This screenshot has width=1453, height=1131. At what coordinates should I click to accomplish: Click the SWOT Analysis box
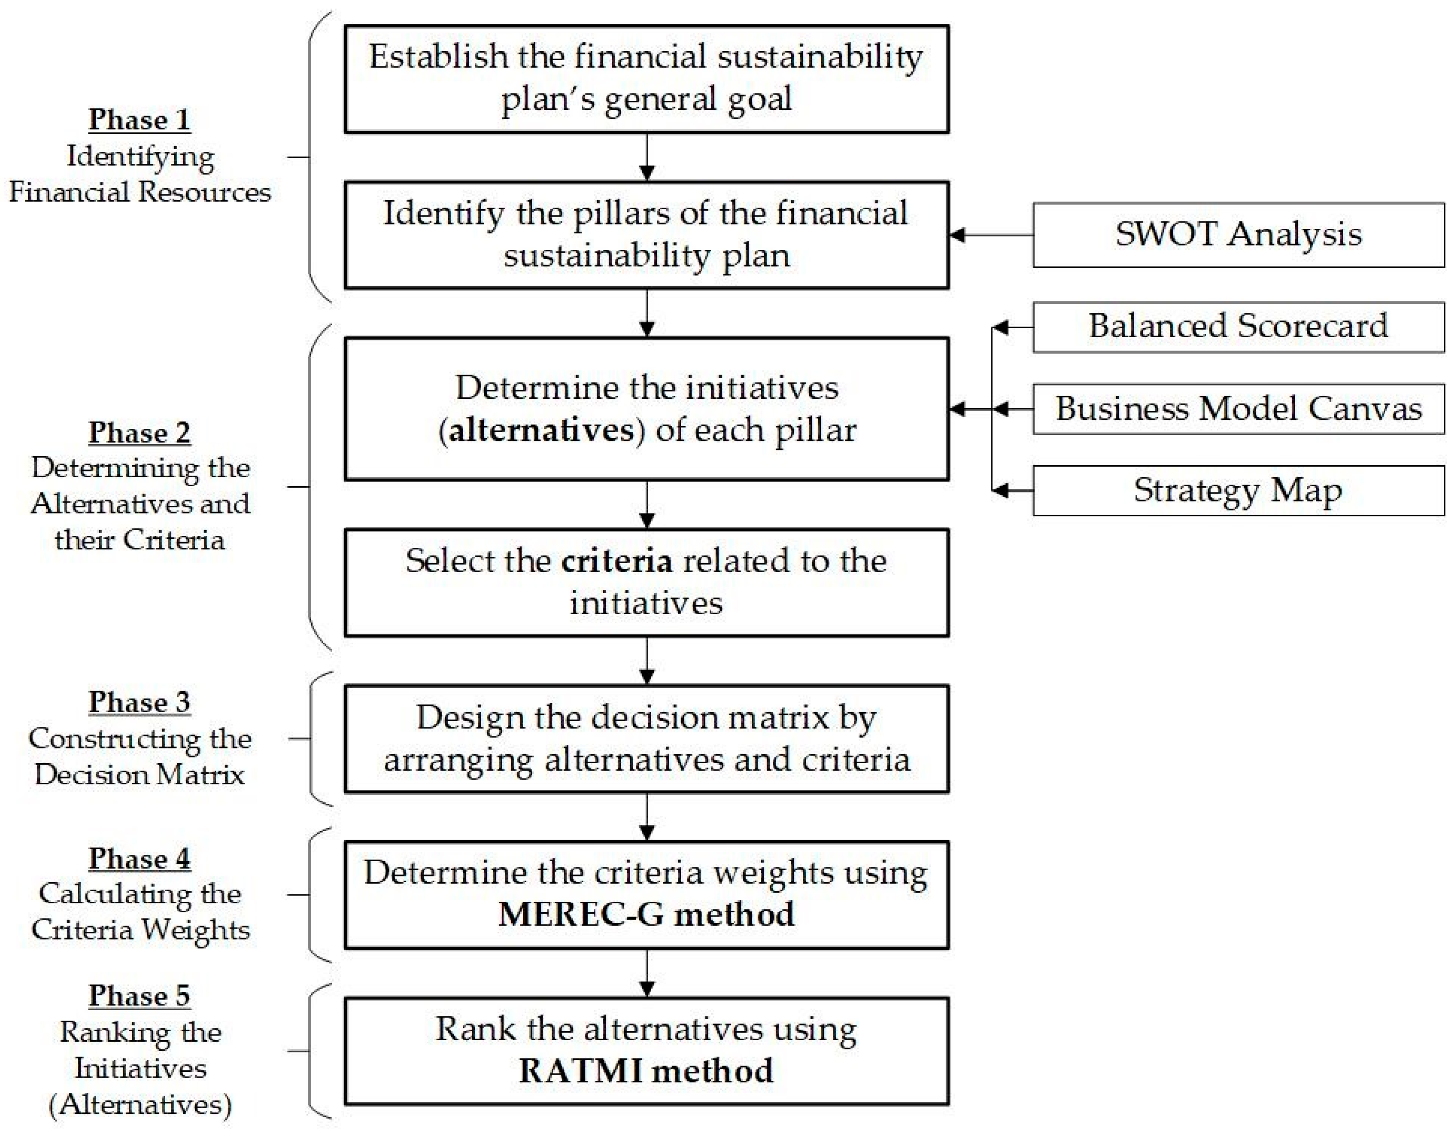point(1238,235)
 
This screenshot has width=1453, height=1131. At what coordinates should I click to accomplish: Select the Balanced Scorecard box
point(1238,327)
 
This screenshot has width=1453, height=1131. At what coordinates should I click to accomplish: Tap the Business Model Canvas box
point(1238,409)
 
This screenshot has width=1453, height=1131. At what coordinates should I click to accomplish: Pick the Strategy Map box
point(1238,491)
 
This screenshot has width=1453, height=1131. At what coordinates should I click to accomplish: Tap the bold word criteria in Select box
point(616,561)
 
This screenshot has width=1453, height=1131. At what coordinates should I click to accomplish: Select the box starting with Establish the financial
point(646,78)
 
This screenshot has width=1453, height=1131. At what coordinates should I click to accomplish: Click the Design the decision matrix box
point(646,738)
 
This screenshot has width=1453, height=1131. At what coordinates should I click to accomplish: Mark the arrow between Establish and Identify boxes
point(647,157)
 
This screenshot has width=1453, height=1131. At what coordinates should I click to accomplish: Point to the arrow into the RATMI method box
point(647,973)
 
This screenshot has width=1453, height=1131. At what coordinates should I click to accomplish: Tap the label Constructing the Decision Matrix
point(140,757)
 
